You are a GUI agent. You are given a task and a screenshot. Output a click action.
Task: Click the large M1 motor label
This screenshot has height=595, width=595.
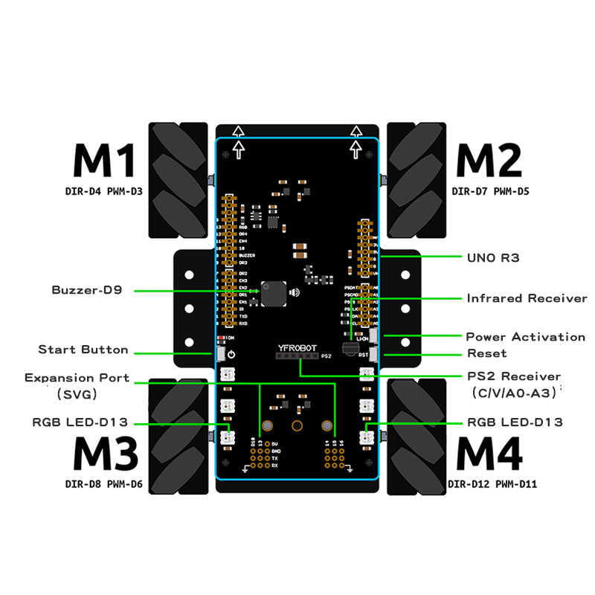tap(105, 160)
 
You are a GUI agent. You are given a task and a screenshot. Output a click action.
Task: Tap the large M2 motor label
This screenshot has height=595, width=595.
tap(489, 160)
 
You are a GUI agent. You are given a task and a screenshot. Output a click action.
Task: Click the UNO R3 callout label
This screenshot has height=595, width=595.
tap(493, 258)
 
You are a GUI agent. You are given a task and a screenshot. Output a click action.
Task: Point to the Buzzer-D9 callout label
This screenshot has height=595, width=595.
tap(87, 290)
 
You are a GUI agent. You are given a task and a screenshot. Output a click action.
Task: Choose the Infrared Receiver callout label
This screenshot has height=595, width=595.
tap(527, 298)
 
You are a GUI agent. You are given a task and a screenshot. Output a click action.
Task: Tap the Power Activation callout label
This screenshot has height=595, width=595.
tap(525, 337)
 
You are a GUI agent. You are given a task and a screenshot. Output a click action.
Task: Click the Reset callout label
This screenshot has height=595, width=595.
tap(487, 353)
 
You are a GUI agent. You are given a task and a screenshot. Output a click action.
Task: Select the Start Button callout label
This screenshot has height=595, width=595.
tap(83, 350)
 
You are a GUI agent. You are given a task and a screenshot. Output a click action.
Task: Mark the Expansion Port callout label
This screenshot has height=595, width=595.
tap(77, 378)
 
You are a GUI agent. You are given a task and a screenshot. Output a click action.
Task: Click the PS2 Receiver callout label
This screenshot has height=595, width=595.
tap(514, 376)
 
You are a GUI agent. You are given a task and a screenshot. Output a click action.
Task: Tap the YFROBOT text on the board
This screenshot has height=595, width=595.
tap(296, 347)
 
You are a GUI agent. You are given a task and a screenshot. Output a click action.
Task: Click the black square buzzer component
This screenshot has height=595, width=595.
tap(272, 293)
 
